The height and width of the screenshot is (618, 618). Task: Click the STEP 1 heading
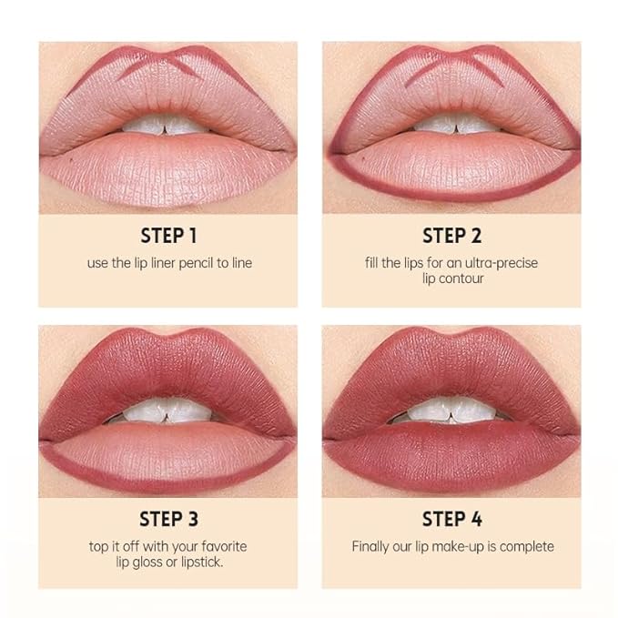coord(168,236)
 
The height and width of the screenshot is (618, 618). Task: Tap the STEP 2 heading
coord(451,236)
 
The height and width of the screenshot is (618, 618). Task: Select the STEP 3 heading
coord(168,520)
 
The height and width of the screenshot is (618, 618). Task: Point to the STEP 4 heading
coord(451,520)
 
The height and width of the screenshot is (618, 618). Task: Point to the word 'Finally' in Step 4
coord(371,547)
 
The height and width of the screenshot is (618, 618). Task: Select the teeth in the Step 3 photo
coord(167,411)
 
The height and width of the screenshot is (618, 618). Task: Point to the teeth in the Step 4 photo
coord(452,411)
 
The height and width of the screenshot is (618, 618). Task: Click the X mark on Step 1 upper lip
coord(167,66)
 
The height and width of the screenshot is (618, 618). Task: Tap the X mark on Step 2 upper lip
coord(451,66)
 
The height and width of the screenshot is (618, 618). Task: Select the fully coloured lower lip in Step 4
coord(452,451)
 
